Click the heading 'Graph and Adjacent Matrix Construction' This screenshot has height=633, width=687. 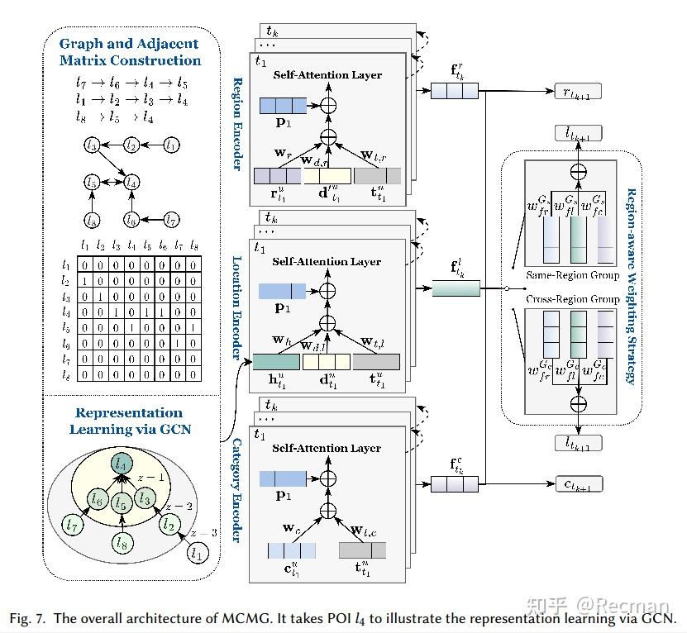click(x=130, y=53)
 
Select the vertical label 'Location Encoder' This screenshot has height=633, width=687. click(x=237, y=305)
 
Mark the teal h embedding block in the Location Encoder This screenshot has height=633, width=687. click(x=276, y=361)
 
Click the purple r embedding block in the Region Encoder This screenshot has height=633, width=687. click(x=276, y=175)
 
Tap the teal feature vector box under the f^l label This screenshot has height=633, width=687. click(x=456, y=288)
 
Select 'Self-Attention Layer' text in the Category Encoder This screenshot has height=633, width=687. click(x=327, y=449)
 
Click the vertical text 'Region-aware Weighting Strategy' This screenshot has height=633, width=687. click(x=632, y=286)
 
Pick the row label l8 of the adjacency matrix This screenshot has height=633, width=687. click(x=66, y=374)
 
